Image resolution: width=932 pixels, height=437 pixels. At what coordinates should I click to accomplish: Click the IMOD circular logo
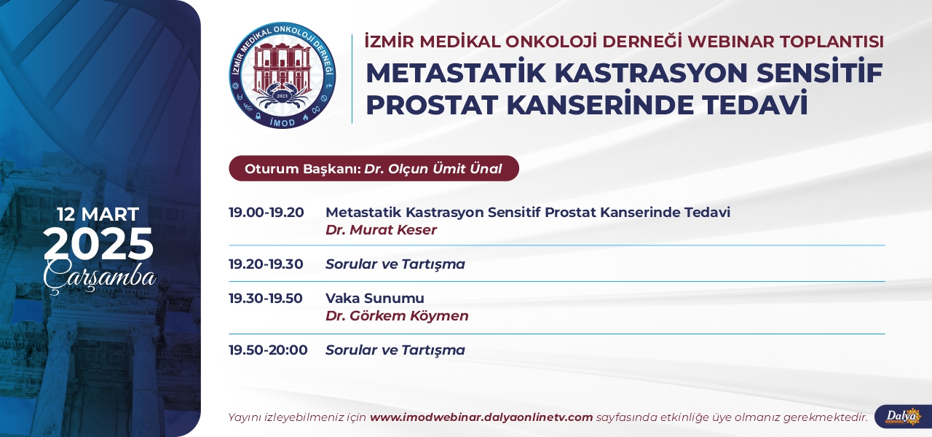click(x=283, y=75)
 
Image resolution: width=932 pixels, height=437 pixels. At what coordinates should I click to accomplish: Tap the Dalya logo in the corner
click(x=904, y=417)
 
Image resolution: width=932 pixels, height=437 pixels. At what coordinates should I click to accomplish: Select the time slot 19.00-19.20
click(x=266, y=212)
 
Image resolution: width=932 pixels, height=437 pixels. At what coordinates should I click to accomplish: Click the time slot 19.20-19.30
click(x=266, y=264)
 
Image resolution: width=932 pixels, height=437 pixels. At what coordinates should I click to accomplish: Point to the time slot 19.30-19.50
click(x=266, y=298)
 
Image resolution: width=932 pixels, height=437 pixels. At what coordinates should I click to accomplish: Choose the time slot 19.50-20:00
click(x=268, y=350)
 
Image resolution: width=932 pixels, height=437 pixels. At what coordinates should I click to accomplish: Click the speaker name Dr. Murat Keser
click(x=381, y=229)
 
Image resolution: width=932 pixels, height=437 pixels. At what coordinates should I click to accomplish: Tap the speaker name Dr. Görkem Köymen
click(x=397, y=315)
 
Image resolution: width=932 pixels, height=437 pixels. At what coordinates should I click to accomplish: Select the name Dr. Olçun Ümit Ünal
click(x=433, y=168)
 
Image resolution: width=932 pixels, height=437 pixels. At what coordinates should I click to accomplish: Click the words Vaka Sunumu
click(x=375, y=298)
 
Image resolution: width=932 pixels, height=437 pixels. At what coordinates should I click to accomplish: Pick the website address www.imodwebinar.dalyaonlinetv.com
click(x=481, y=417)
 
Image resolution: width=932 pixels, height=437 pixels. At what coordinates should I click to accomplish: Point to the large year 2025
click(x=98, y=244)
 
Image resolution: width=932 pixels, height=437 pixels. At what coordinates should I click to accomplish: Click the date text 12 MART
click(x=98, y=214)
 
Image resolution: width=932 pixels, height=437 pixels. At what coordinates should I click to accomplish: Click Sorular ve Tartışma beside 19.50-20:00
click(x=395, y=350)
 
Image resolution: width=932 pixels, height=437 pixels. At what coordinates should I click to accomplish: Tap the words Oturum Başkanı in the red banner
click(x=302, y=169)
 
